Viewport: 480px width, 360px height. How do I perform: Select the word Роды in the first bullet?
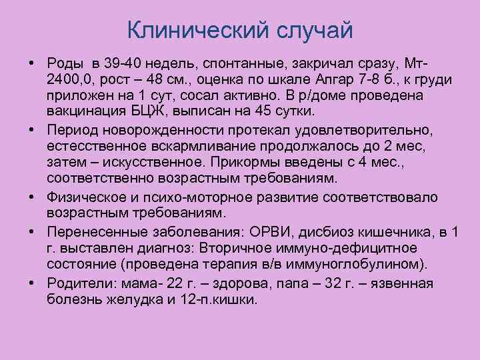click(66, 63)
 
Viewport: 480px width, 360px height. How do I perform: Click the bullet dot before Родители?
click(32, 282)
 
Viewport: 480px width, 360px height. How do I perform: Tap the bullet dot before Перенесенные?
click(32, 231)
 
